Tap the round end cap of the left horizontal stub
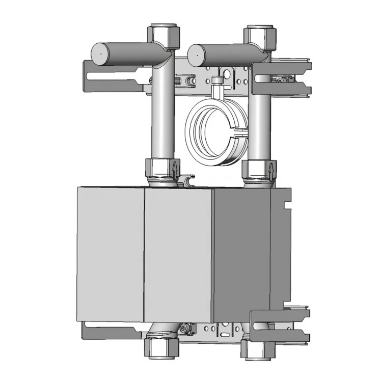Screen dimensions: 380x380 (x=100, y=52)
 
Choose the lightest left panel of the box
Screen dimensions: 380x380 (x=110, y=254)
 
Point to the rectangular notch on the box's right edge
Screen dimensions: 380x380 (x=286, y=205)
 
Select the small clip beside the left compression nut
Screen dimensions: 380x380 (x=189, y=179)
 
